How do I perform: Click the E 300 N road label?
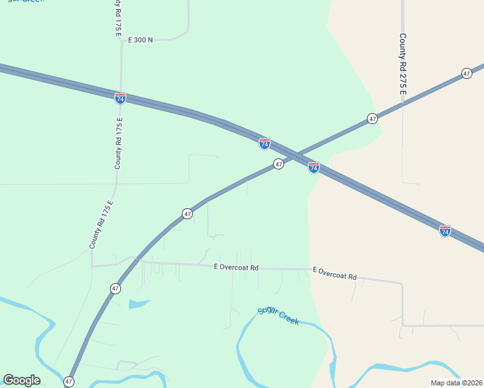[140, 39]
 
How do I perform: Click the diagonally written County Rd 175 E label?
[102, 224]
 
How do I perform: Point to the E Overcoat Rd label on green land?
[236, 267]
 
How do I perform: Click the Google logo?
[21, 380]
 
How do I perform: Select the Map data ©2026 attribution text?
[457, 382]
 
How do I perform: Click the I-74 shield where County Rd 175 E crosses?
[120, 98]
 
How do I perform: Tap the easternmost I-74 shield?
[445, 230]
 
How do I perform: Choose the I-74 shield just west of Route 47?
[264, 144]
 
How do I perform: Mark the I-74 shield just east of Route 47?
[313, 167]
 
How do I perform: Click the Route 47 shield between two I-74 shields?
[278, 164]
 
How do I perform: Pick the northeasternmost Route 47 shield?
[467, 74]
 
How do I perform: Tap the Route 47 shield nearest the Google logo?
[69, 382]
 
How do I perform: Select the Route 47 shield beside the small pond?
[115, 288]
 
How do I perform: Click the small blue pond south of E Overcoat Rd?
[138, 303]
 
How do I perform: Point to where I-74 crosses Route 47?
[295, 155]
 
